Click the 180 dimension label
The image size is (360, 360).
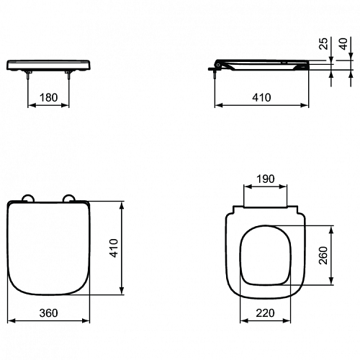(48, 97)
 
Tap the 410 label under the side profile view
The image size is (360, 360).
(261, 97)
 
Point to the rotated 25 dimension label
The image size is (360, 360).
(324, 44)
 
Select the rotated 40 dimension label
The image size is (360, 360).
(343, 44)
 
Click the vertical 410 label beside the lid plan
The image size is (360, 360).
(114, 248)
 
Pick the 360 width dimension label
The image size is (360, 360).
(48, 313)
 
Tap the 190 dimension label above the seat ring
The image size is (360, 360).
(265, 179)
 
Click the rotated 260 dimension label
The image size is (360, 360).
(323, 256)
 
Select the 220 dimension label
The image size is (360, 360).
(265, 313)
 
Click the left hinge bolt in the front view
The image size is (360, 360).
(29, 75)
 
